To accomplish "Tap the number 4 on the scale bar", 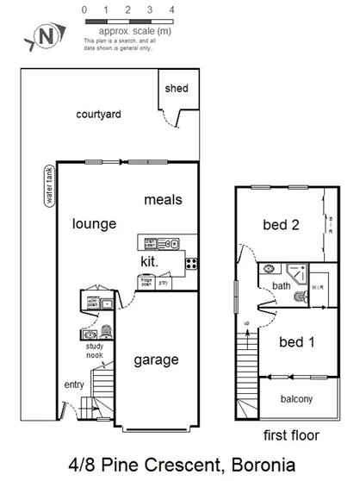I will tap(172, 9).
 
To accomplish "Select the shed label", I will tap(177, 89).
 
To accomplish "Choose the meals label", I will tap(163, 199).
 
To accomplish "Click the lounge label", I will tap(94, 224).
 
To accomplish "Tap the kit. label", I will tap(150, 260).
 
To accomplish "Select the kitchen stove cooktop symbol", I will tap(191, 262).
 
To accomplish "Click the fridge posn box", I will tap(146, 281).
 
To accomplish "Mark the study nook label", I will tap(95, 350).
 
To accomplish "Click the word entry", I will tap(75, 384).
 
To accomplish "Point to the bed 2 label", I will tap(281, 226).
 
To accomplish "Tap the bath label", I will tap(282, 285).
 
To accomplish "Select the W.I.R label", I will tap(316, 288).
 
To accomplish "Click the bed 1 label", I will tap(297, 342).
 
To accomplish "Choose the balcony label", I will tap(295, 399).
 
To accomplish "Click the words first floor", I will tap(291, 435).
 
